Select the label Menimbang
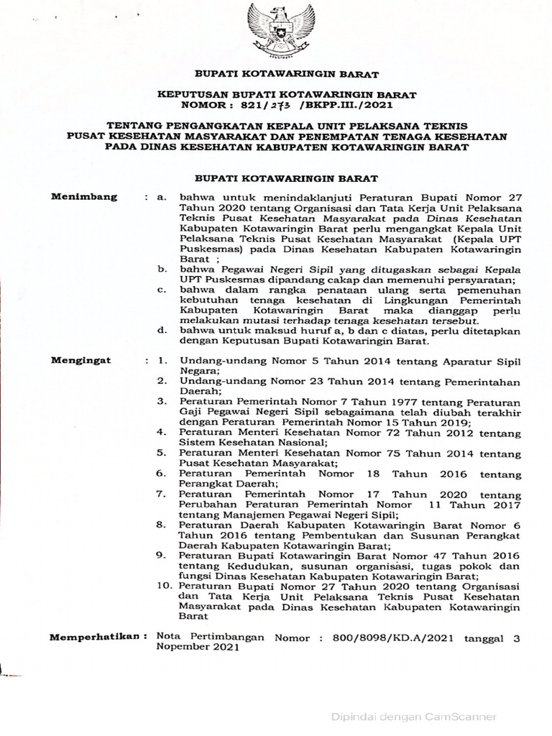click(x=78, y=196)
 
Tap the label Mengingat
click(x=80, y=360)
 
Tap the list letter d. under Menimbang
click(x=163, y=329)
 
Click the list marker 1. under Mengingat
click(x=164, y=360)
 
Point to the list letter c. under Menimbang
click(x=163, y=288)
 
